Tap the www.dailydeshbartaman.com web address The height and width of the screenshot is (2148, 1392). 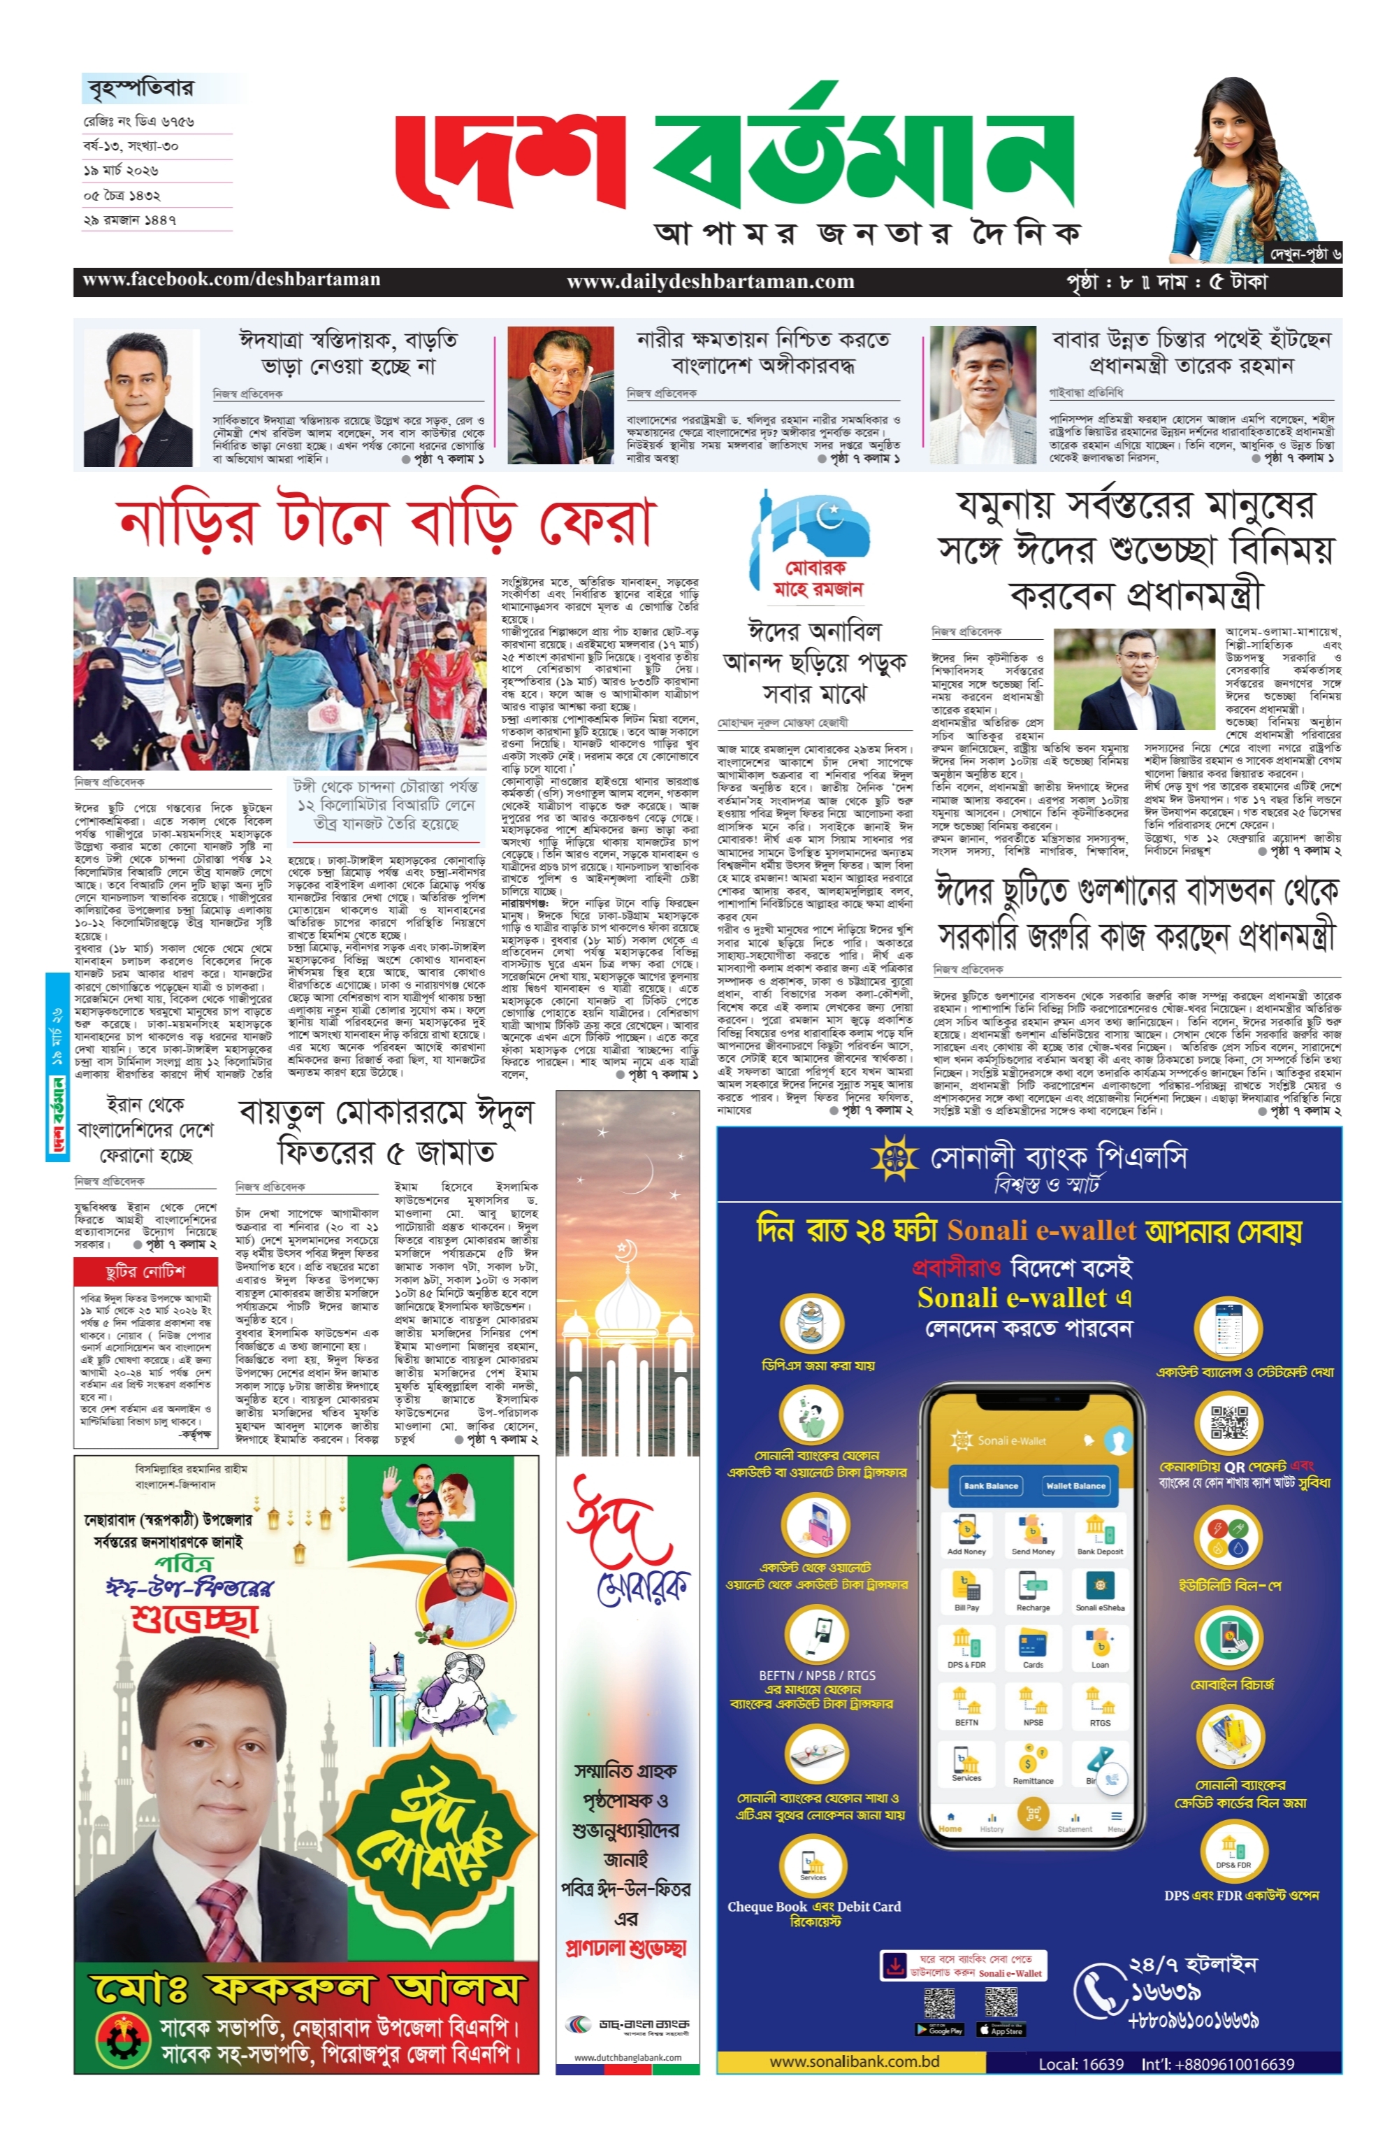click(x=709, y=282)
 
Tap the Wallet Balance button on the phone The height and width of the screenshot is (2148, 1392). click(x=1075, y=1486)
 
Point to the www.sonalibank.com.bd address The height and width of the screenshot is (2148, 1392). click(x=853, y=2061)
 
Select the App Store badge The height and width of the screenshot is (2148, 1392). click(x=1001, y=2030)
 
